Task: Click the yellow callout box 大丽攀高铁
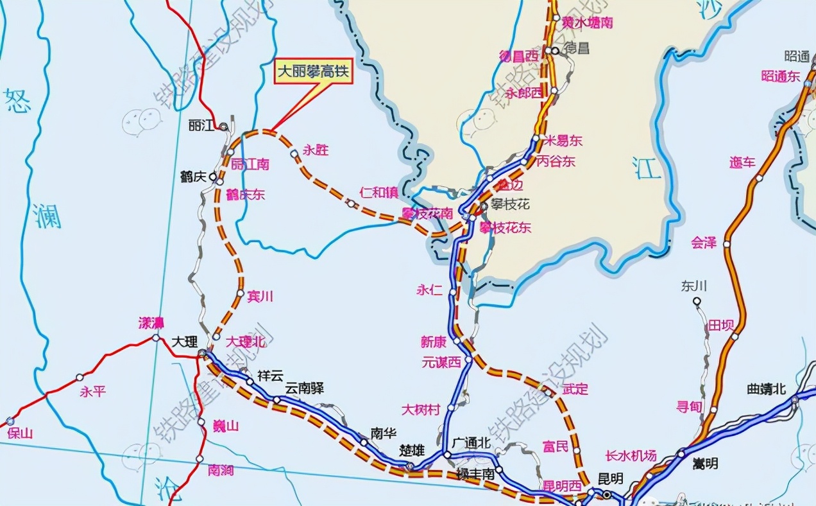coord(314,71)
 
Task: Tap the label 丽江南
coord(250,164)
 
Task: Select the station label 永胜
coord(316,150)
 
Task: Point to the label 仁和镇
coord(379,193)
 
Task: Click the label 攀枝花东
coord(506,227)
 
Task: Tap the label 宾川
coord(260,296)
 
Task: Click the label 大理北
coord(245,342)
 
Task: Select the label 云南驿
coord(305,388)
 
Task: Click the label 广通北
coord(472,443)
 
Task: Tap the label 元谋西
coord(441,363)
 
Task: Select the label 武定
coord(574,389)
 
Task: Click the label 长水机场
coord(631,456)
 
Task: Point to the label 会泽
coord(703,243)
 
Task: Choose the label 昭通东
coord(781,76)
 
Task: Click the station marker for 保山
coord(9,421)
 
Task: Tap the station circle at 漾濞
coord(156,338)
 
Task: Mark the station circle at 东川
coord(697,300)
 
